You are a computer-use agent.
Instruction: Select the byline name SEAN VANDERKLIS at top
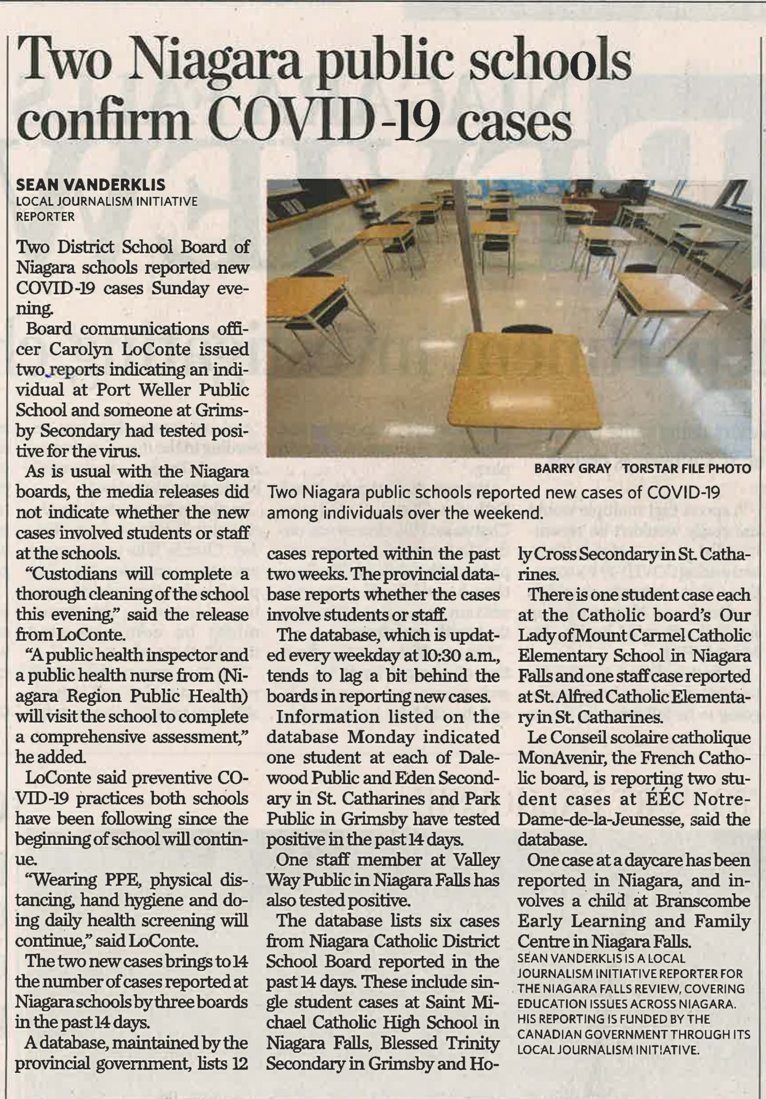91,185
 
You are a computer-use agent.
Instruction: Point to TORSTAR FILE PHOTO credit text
686,469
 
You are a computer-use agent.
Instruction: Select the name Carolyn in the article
81,349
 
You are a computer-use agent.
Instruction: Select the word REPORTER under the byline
46,217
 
